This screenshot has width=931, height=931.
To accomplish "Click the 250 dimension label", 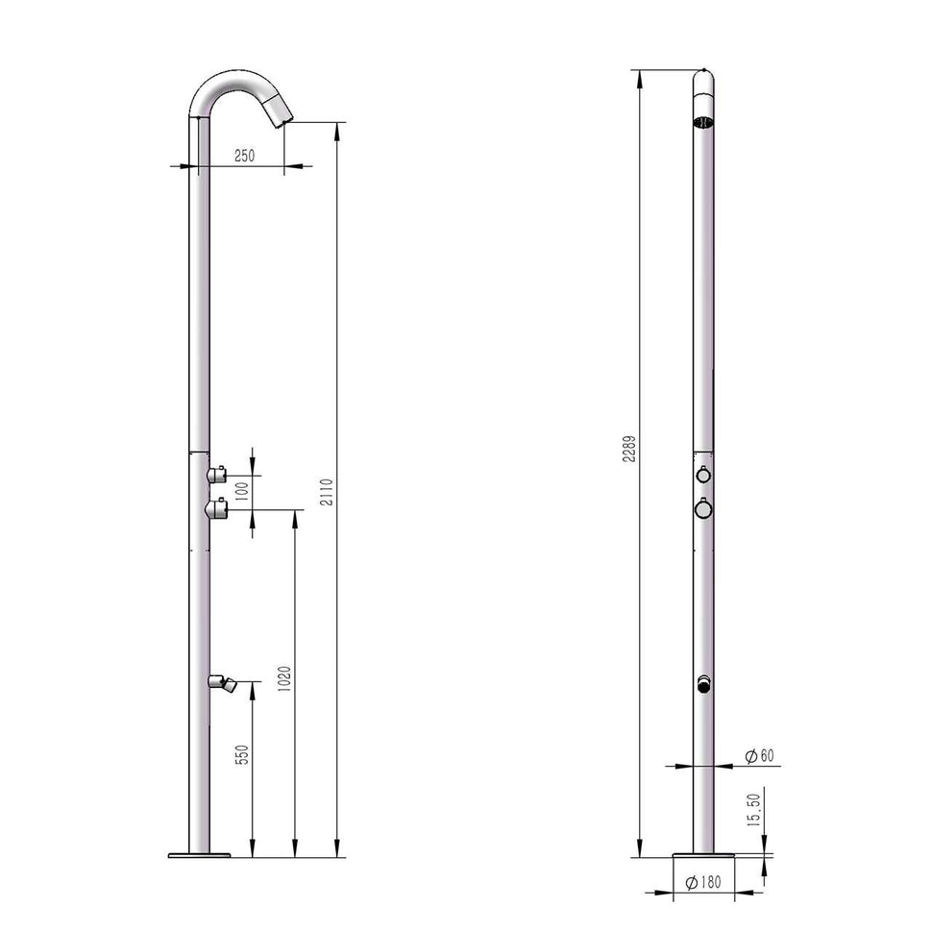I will click(x=244, y=157).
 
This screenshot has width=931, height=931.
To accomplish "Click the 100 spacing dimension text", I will click(x=242, y=489).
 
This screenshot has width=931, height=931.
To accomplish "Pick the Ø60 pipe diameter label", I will click(x=759, y=756).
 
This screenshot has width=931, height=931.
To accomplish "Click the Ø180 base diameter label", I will click(x=704, y=881).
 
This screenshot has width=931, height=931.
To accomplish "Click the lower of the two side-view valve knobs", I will click(x=216, y=507).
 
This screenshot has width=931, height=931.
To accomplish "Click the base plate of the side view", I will click(x=199, y=854).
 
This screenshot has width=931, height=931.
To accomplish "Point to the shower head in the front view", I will click(x=703, y=121).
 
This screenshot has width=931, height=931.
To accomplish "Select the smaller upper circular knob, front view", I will click(x=703, y=475).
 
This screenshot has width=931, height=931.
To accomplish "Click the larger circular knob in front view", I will click(x=703, y=508).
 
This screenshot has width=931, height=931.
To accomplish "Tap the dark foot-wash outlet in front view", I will click(x=703, y=684).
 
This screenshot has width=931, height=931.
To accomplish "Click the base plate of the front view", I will click(x=703, y=854).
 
